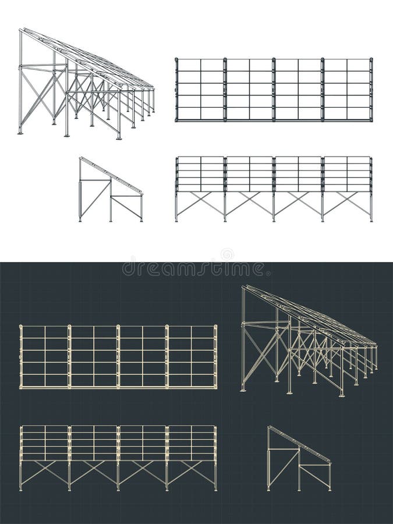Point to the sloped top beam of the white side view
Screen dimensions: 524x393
(x=111, y=175)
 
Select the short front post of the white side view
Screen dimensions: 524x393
(x=141, y=208)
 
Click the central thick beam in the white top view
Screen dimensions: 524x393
(x=274, y=90)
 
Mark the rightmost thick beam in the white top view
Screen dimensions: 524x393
(x=371, y=90)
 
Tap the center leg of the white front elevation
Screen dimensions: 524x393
(x=274, y=207)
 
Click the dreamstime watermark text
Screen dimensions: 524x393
(x=193, y=269)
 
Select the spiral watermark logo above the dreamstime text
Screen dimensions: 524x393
(x=227, y=254)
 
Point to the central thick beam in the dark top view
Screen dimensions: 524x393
(x=119, y=356)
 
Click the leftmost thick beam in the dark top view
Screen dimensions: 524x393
(x=22, y=356)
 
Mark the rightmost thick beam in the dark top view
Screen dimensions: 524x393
(x=215, y=356)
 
